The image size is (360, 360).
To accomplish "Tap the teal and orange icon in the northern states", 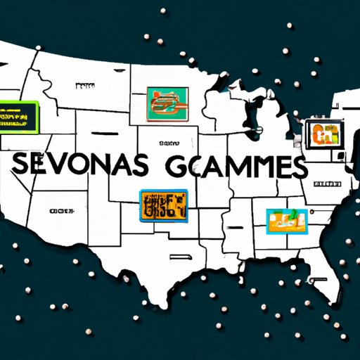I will click(x=167, y=102).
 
